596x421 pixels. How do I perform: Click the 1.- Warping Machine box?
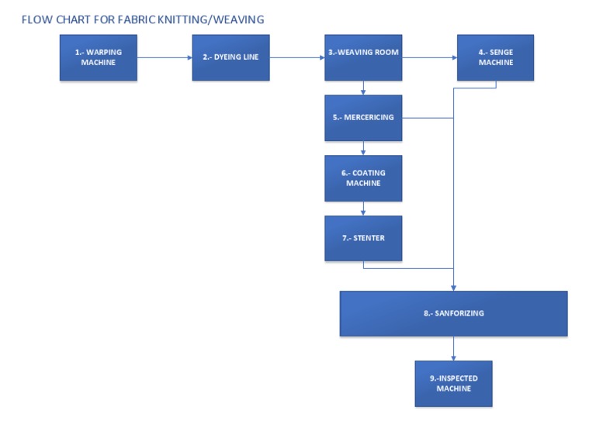click(x=99, y=57)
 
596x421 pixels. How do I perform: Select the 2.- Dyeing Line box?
click(x=230, y=57)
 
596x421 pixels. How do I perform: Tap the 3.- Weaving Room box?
click(x=363, y=57)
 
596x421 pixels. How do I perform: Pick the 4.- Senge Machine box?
click(x=495, y=57)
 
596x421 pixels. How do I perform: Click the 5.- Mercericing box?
click(x=363, y=118)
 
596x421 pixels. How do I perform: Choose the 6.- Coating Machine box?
click(x=363, y=178)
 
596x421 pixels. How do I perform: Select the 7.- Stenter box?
click(x=363, y=238)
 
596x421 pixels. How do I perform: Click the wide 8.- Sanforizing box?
click(x=453, y=313)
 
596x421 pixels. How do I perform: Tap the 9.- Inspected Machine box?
click(x=453, y=383)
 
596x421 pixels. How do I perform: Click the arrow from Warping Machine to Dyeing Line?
click(x=165, y=57)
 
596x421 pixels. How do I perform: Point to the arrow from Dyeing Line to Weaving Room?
click(x=297, y=57)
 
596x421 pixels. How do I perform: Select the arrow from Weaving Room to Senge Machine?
click(x=429, y=57)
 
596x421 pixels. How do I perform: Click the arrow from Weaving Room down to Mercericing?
click(x=363, y=88)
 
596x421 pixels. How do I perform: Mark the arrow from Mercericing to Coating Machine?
click(x=363, y=148)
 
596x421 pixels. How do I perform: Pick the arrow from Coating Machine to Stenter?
click(x=363, y=209)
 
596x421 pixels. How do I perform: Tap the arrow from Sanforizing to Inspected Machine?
click(x=453, y=348)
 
